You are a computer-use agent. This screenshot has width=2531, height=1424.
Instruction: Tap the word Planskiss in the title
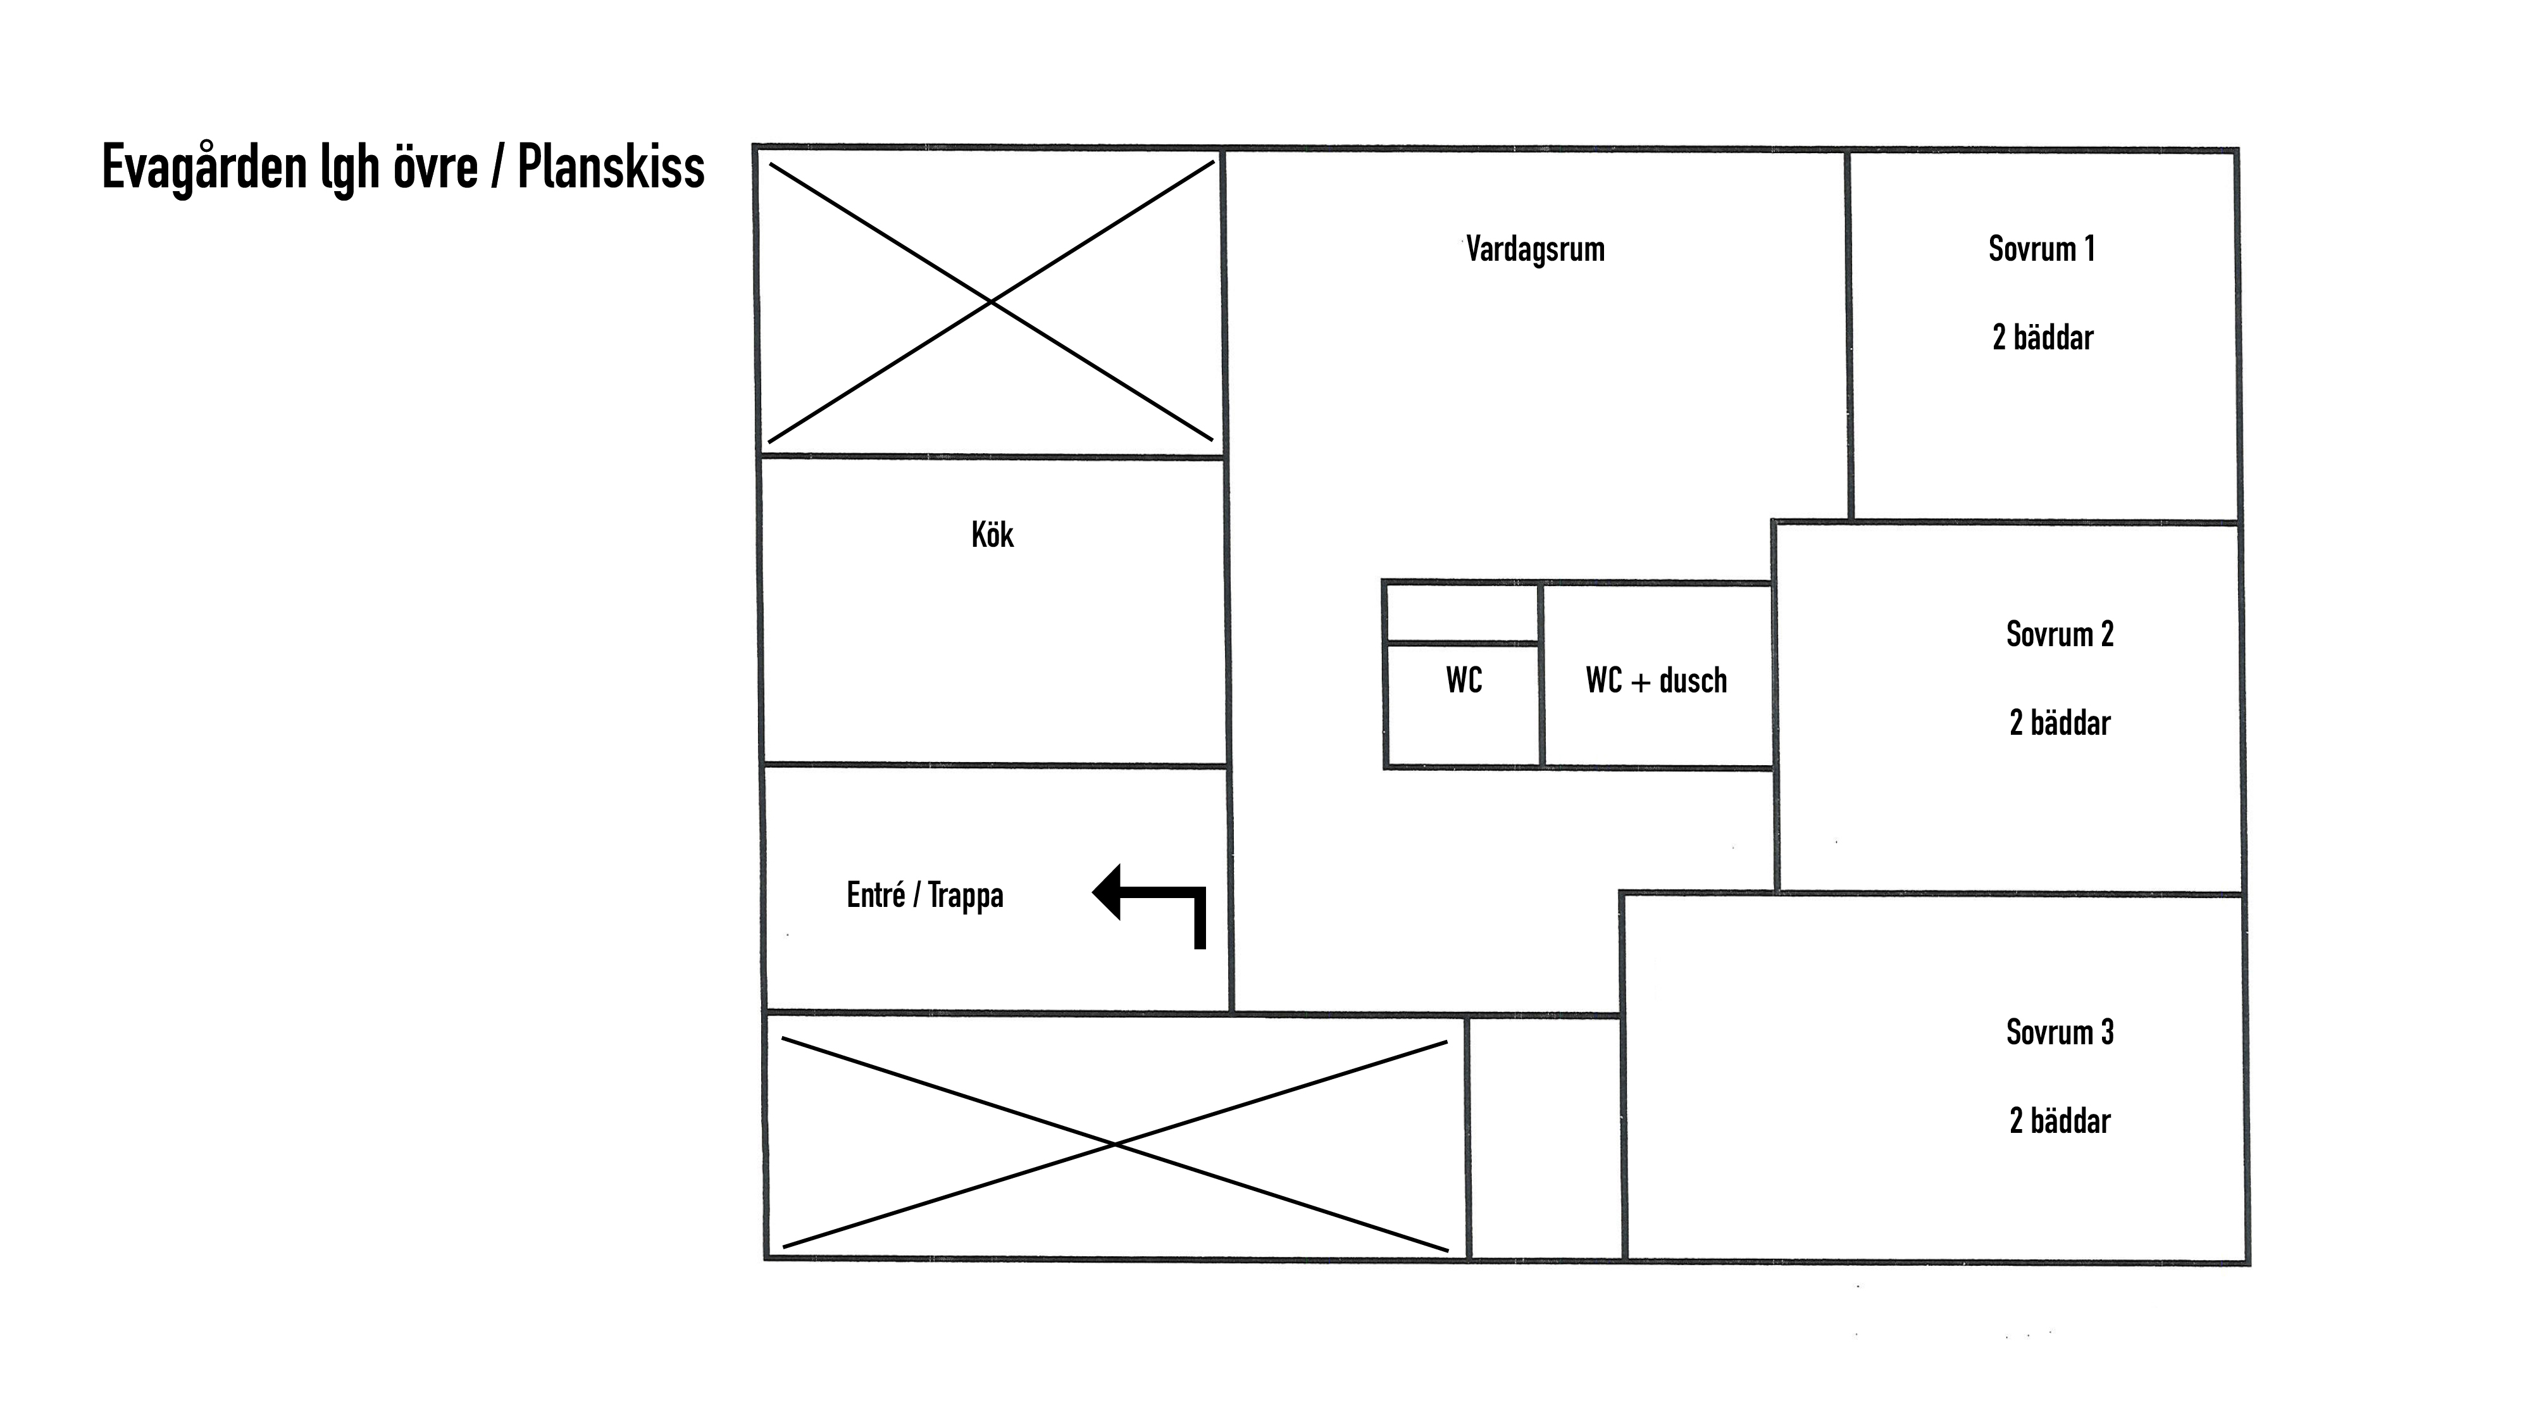(x=611, y=167)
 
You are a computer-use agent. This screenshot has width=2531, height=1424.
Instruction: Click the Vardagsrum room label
(x=1534, y=249)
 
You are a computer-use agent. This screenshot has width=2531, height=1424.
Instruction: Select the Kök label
(x=992, y=535)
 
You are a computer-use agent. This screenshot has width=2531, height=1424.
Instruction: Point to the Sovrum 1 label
(x=2042, y=249)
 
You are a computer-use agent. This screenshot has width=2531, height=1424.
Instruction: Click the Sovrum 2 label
(x=2060, y=634)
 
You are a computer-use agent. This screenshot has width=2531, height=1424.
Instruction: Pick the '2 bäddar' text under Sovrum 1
(x=2043, y=337)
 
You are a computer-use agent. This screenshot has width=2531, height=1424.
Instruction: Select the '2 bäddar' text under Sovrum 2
(x=2060, y=722)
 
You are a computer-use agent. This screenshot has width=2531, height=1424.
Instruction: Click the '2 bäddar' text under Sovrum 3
(x=2060, y=1120)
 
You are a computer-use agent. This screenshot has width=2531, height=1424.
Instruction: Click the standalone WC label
(x=1464, y=680)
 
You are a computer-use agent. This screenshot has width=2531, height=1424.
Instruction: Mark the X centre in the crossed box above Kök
(x=990, y=302)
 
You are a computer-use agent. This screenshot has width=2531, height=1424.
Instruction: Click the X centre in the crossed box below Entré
(x=1115, y=1144)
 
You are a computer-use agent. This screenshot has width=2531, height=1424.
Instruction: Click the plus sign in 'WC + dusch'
(x=1641, y=682)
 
